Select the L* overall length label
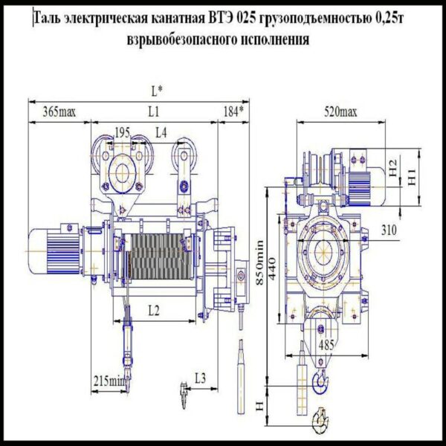pyautogui.click(x=156, y=91)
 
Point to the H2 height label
pyautogui.click(x=395, y=167)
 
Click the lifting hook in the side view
pyautogui.click(x=320, y=382)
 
